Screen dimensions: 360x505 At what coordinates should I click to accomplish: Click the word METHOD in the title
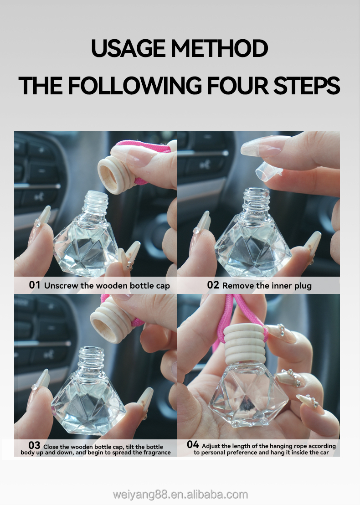219,48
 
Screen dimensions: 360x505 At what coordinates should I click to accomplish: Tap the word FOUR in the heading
237,86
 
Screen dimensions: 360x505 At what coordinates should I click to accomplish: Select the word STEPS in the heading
307,86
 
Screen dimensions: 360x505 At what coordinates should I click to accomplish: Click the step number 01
35,285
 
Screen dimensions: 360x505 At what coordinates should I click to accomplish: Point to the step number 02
213,285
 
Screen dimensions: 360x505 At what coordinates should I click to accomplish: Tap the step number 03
34,445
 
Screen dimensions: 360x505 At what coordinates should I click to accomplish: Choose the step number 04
193,444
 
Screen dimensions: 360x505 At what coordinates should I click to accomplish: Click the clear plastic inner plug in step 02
268,171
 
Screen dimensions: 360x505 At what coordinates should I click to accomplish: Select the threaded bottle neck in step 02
256,201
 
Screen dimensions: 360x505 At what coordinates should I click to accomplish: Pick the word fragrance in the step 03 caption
158,453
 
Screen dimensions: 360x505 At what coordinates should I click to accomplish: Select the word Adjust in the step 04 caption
211,446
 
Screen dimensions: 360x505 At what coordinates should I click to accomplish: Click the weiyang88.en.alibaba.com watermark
180,495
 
